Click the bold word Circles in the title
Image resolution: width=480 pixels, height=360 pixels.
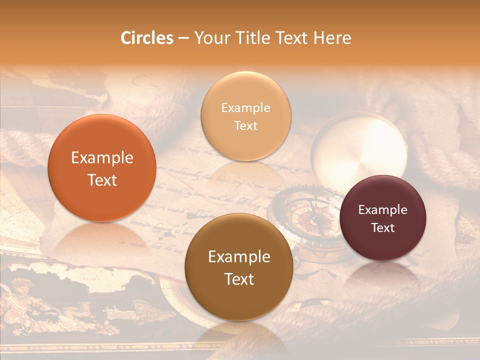tap(146, 38)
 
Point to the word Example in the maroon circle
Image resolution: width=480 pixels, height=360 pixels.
tap(382, 210)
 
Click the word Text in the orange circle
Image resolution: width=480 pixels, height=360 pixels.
tap(102, 180)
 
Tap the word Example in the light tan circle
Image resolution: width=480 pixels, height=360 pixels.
tap(245, 108)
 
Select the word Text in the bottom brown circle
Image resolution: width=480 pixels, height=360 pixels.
tap(239, 279)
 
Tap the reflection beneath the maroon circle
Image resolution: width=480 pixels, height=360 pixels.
tap(382, 275)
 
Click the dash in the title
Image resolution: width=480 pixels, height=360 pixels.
tap(183, 38)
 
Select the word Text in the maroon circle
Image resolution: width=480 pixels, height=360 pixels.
tap(382, 228)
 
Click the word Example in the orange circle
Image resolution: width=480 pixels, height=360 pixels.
tap(102, 158)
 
